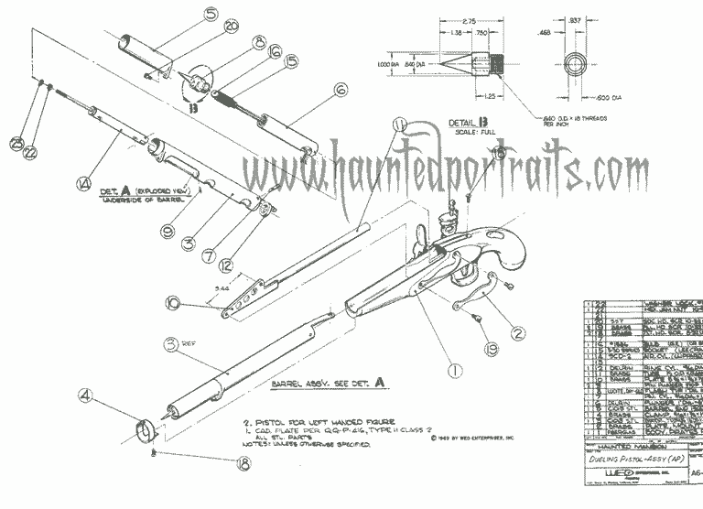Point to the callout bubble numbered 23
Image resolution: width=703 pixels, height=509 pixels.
click(x=17, y=143)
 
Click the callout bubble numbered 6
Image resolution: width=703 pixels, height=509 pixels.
click(x=341, y=90)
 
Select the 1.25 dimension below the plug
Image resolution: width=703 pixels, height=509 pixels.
click(x=491, y=95)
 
